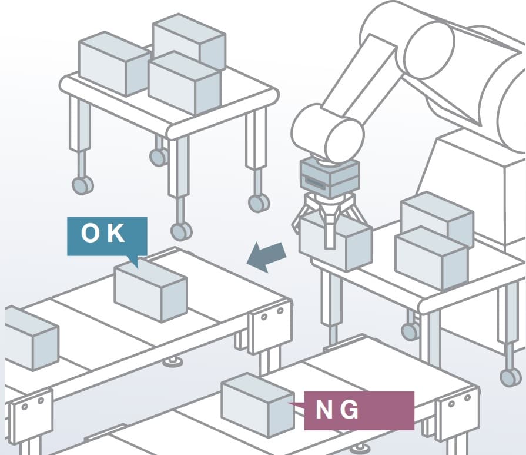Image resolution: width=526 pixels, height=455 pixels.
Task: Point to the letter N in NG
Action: (326, 410)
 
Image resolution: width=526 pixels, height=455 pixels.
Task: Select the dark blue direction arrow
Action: (267, 257)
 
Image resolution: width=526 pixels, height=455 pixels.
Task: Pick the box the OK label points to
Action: (150, 291)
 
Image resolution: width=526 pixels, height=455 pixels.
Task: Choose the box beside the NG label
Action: (257, 406)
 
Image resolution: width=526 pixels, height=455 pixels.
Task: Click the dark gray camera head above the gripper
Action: (329, 178)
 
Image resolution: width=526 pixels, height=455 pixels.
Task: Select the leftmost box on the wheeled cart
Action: (113, 64)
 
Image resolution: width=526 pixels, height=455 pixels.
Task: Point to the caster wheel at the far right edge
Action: (510, 377)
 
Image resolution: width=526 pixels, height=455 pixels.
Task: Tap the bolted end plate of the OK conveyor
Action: (269, 327)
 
